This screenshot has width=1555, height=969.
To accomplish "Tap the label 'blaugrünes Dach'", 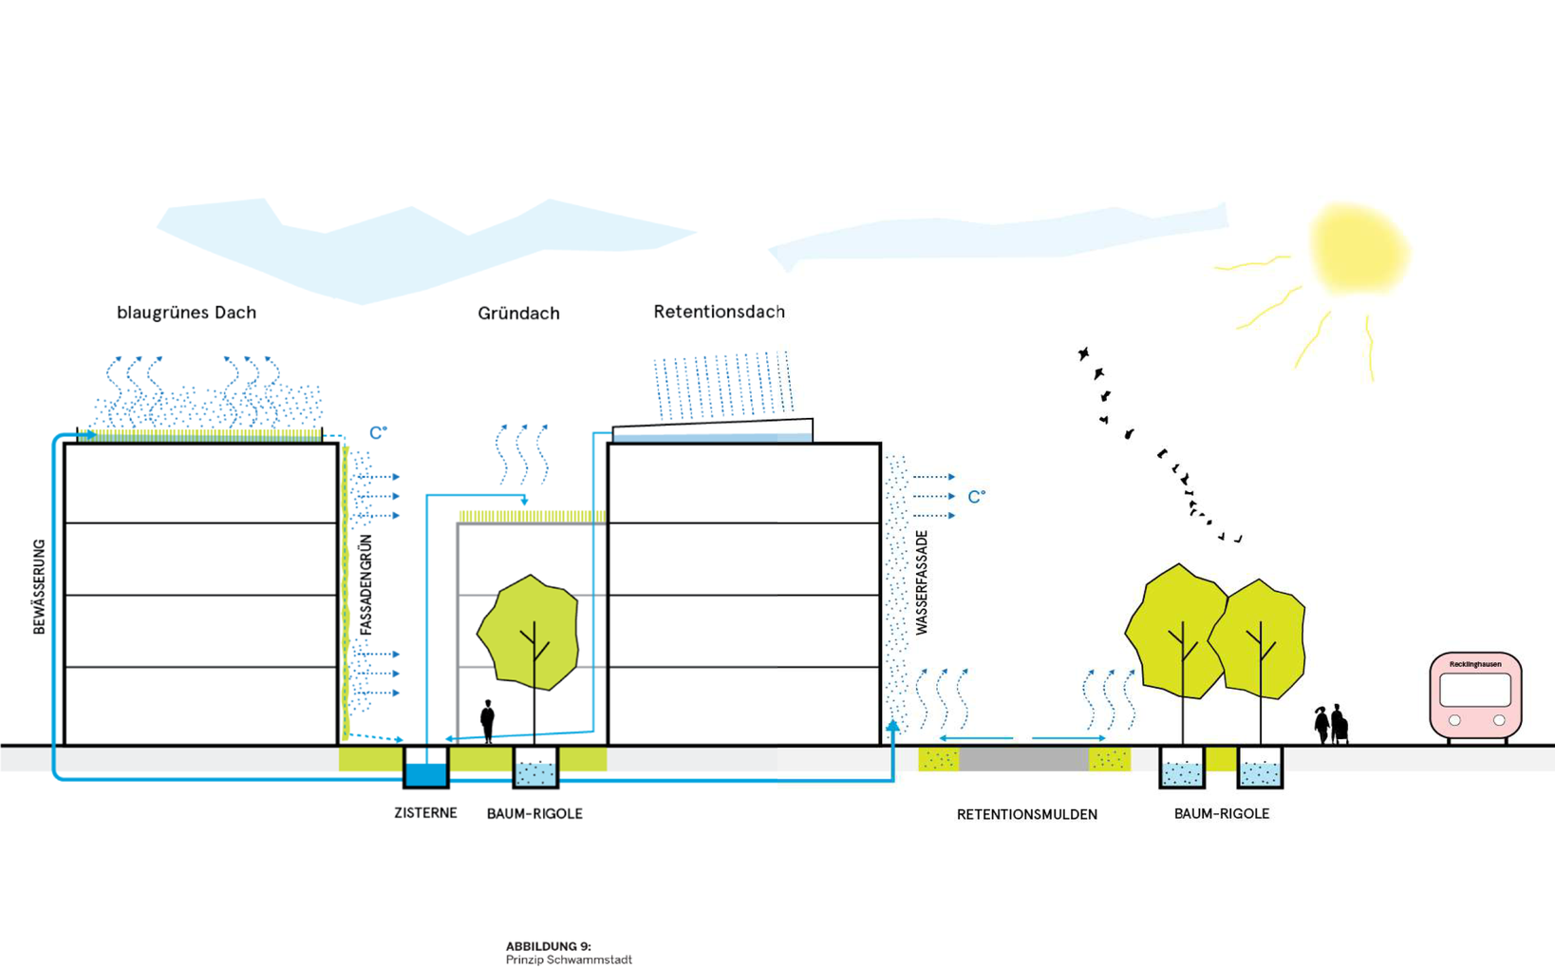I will pos(186,313).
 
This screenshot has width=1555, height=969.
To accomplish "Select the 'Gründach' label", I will pos(518,313).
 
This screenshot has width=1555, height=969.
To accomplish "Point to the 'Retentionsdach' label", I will pos(719,312).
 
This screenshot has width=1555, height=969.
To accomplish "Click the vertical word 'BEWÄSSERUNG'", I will pos(39,586).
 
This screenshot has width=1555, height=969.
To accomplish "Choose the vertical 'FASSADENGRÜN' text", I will pos(366,584).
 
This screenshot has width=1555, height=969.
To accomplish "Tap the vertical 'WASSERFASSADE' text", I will pos(922,582).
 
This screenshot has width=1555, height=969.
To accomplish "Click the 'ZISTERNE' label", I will pos(425,813).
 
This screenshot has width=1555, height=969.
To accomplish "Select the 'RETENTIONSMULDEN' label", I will pos(1026,814).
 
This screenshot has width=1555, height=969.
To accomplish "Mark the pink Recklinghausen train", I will pos(1474,694).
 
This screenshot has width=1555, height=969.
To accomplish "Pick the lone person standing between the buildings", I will pos(488,721).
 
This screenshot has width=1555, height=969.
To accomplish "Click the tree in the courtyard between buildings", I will pos(530,632).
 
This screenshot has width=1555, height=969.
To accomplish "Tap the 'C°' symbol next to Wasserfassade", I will pos(976,497).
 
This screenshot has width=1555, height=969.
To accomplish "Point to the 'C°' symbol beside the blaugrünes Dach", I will pos(378,433).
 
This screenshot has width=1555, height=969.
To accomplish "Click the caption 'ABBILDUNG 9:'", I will pos(548,946).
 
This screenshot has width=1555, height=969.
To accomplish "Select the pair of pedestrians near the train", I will pos(1331,725).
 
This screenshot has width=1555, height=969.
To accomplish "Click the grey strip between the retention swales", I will pos(1023,759).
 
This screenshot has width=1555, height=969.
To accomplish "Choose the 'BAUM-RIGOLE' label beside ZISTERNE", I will pos(534,813).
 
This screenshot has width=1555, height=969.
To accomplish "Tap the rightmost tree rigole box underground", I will pos(1260,769).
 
